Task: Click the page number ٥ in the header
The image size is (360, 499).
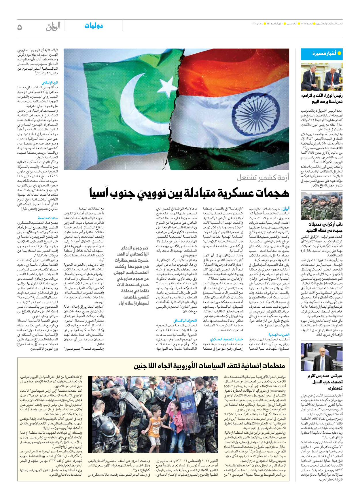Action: click(20, 27)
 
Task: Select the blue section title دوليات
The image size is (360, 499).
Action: click(94, 26)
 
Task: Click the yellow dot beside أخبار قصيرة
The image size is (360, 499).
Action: click(339, 53)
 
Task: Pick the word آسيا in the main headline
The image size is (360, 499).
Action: click(100, 193)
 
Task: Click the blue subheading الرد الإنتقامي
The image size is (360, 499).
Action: click(50, 83)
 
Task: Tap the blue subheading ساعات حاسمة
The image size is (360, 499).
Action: click(48, 218)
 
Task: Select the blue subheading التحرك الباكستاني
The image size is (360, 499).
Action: click(185, 320)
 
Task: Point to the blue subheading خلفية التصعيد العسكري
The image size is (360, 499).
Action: click(226, 339)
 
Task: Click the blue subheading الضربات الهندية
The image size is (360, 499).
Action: click(279, 335)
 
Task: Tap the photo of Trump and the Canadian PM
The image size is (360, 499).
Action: click(322, 77)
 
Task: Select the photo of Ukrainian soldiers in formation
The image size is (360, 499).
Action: click(322, 206)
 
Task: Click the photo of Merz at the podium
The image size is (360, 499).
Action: click(322, 357)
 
